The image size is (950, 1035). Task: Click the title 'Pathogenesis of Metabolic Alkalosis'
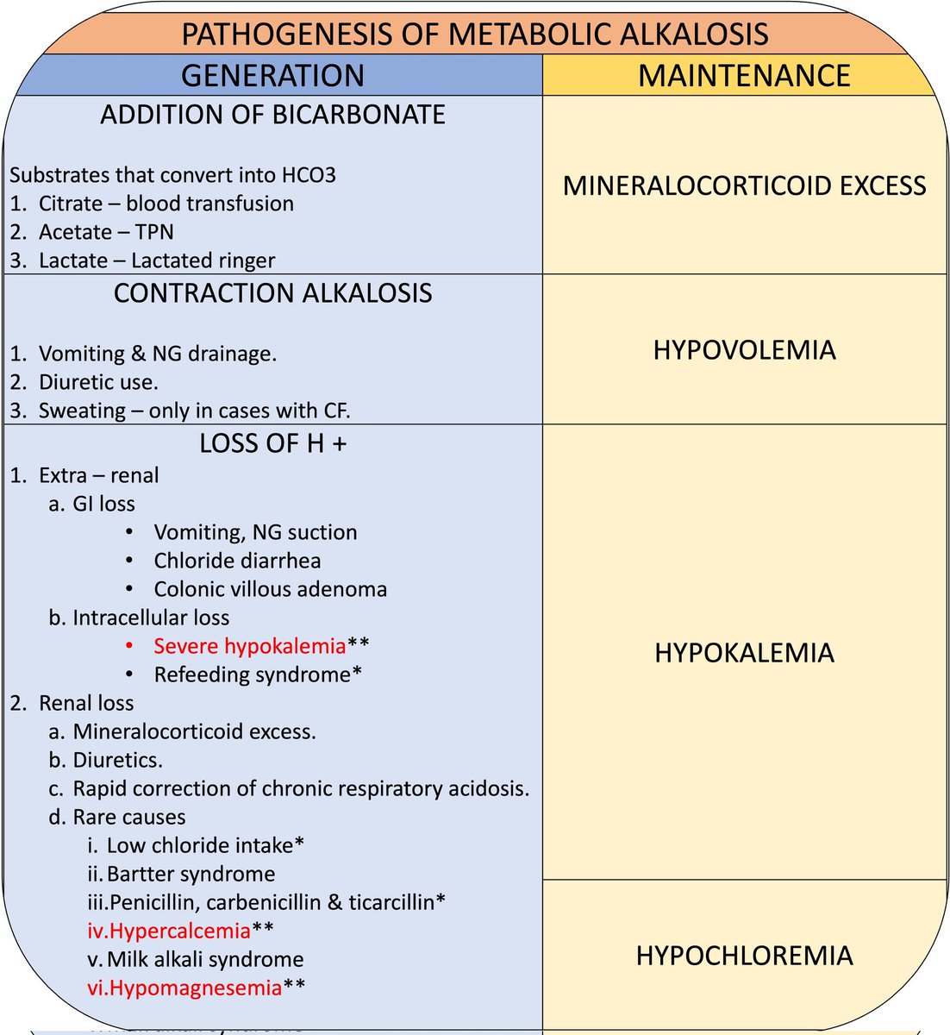point(475,34)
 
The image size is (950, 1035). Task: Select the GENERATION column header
point(272,76)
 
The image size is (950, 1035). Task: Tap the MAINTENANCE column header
point(744,76)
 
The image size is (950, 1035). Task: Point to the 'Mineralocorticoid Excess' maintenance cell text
point(744,185)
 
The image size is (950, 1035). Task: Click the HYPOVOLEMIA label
point(744,349)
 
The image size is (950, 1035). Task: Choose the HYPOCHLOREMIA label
point(744,956)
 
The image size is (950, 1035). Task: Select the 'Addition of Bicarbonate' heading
point(272,115)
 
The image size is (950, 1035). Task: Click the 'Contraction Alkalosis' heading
point(272,293)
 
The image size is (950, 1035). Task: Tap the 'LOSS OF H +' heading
point(272,443)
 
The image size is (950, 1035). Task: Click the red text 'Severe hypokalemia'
point(249,646)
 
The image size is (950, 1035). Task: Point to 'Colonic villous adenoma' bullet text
point(270,589)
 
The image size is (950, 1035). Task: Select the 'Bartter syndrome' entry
point(191,874)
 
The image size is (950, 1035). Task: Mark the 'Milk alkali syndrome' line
point(205,959)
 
